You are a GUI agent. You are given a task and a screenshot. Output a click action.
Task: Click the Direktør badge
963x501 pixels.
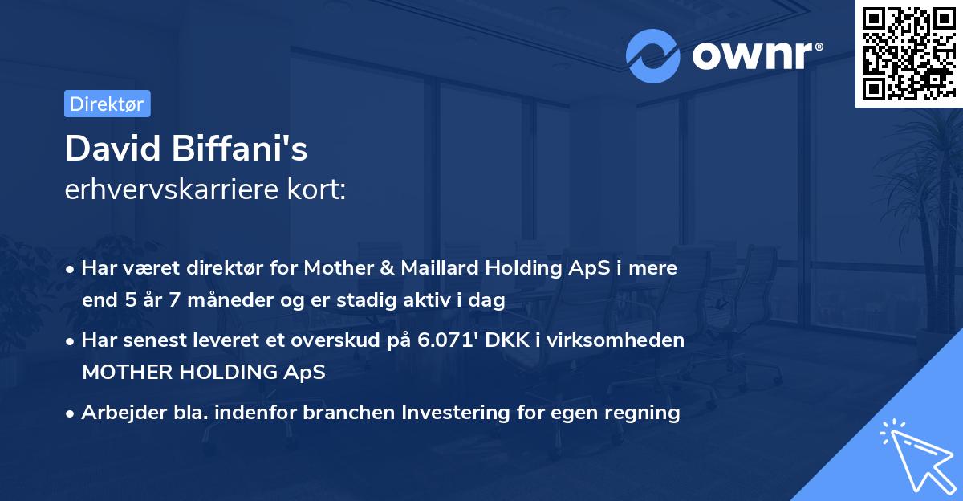pos(107,104)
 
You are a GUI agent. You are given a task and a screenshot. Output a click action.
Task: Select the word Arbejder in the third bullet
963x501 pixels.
pos(115,413)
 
